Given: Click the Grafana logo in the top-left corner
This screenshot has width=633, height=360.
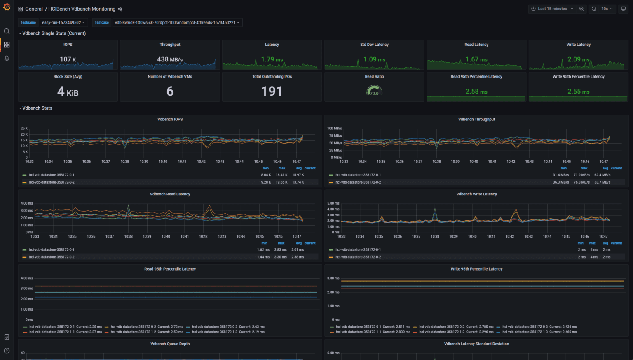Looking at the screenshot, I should pyautogui.click(x=7, y=7).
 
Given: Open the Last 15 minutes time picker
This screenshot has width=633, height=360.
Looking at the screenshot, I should pyautogui.click(x=552, y=9).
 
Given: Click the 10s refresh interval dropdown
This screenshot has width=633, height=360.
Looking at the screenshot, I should pyautogui.click(x=607, y=9).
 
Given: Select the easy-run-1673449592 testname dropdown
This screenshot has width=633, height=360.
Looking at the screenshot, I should pyautogui.click(x=63, y=23).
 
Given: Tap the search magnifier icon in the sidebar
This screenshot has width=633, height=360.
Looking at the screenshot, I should pyautogui.click(x=7, y=31).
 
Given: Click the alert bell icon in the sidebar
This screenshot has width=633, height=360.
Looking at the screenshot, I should pyautogui.click(x=7, y=59).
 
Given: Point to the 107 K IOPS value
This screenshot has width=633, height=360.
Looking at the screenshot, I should pyautogui.click(x=68, y=59).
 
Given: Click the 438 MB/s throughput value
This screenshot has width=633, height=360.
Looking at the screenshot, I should pyautogui.click(x=170, y=59).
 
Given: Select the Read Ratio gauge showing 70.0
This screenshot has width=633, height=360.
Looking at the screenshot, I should pyautogui.click(x=374, y=91).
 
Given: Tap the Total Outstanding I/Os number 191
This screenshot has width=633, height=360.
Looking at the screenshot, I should pyautogui.click(x=272, y=92).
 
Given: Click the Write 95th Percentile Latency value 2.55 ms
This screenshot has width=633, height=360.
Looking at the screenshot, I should pyautogui.click(x=578, y=92).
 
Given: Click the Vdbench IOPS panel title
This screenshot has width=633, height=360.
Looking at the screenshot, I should pyautogui.click(x=170, y=119).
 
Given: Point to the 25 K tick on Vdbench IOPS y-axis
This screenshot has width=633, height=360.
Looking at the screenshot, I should pyautogui.click(x=24, y=129).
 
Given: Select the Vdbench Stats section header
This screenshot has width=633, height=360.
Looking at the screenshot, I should pyautogui.click(x=37, y=108).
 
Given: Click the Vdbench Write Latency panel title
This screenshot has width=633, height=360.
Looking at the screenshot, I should pyautogui.click(x=476, y=194).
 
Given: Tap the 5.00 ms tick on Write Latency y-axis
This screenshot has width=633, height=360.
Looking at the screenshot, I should pyautogui.click(x=333, y=203).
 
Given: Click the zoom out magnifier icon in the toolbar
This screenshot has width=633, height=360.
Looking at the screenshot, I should pyautogui.click(x=581, y=9).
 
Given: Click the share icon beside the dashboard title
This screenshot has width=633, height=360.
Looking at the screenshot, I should pyautogui.click(x=120, y=9).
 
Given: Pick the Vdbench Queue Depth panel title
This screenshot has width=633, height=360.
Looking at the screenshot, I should pyautogui.click(x=170, y=344).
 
